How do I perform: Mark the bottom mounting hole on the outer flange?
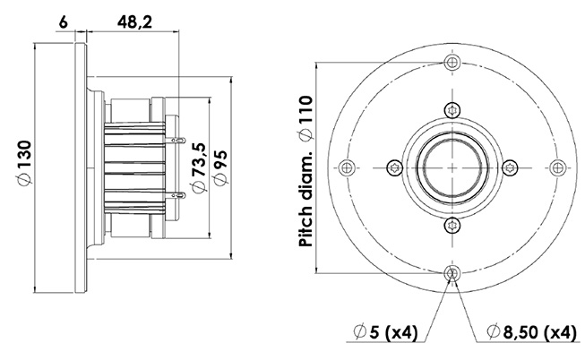[x=452, y=272]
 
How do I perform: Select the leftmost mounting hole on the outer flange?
[x=348, y=167]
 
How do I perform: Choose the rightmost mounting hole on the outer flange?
[x=558, y=167]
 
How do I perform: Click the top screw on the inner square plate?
[x=452, y=108]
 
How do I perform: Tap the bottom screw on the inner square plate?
[x=452, y=225]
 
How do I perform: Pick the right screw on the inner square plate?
[x=511, y=167]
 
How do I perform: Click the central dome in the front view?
[x=452, y=167]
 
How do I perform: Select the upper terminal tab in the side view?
[x=180, y=141]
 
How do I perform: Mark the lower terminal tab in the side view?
[x=180, y=192]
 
